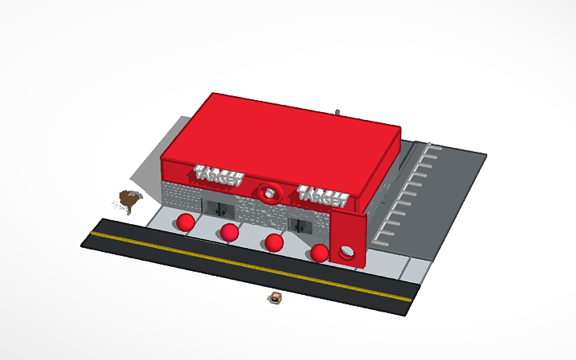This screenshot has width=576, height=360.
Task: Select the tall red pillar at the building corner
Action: [x=348, y=238]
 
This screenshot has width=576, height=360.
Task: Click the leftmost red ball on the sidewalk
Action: [x=186, y=222]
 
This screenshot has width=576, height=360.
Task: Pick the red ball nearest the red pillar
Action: [x=319, y=254]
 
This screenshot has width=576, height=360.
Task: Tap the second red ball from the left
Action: [x=230, y=232]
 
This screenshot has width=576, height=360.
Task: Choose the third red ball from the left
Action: [x=274, y=242]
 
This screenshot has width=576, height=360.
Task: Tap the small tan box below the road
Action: [x=276, y=298]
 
